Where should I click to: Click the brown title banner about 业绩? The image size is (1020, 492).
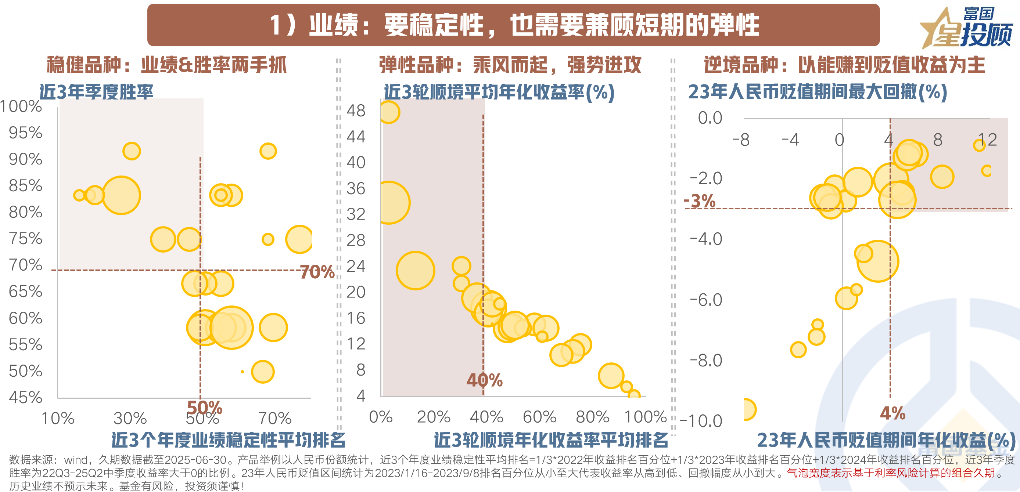pos(513,25)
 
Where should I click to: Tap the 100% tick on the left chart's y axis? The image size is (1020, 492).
pos(21,106)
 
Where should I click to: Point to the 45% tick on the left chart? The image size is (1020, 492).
pos(25,397)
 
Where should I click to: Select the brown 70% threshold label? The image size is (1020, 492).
pos(317,272)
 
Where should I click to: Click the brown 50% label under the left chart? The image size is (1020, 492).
pos(204,407)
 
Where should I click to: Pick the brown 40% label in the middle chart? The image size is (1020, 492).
pos(484,380)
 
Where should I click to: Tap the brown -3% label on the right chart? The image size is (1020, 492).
pos(700,201)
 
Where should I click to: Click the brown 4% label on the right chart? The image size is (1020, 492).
pos(892,413)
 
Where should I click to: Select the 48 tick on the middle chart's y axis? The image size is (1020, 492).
pos(356,111)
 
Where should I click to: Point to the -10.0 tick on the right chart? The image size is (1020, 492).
pos(701,421)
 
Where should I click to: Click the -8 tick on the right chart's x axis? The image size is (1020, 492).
pos(740,140)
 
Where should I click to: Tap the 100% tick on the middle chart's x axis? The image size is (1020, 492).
pos(646,417)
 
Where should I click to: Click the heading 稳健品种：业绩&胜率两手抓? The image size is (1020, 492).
pos(166,65)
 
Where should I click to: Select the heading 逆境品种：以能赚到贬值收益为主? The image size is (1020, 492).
pos(844,65)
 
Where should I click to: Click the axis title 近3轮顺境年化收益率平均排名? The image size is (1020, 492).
pos(551,440)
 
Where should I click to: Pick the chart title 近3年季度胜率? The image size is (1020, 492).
pos(96,92)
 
